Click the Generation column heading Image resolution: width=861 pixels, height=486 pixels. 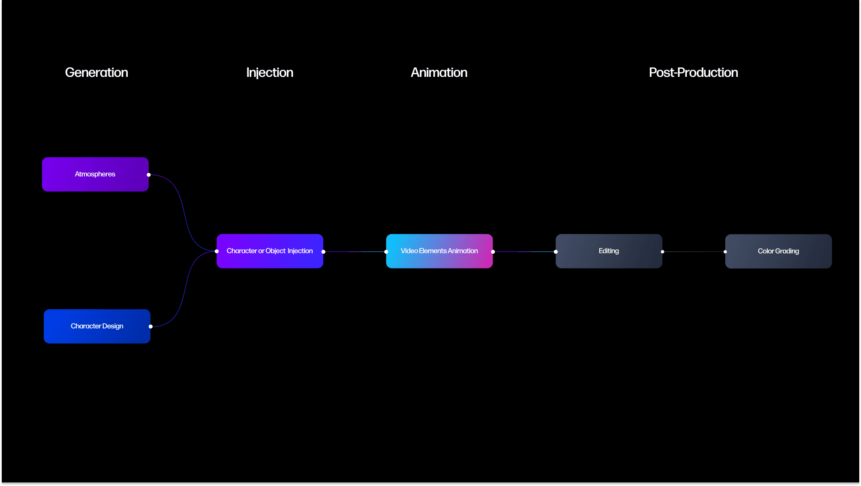click(x=96, y=72)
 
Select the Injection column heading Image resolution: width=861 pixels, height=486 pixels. click(x=270, y=72)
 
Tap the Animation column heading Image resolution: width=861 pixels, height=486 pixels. click(x=439, y=72)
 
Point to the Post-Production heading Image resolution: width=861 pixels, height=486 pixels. click(x=693, y=72)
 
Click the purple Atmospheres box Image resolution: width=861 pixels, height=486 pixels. click(x=95, y=174)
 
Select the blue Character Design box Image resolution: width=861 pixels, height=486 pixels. click(x=97, y=326)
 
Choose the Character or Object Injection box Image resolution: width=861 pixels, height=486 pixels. click(x=270, y=251)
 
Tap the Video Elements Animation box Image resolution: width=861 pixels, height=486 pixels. click(x=439, y=251)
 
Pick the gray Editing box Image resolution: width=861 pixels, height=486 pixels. click(x=609, y=251)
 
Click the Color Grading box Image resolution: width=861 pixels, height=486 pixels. click(x=778, y=251)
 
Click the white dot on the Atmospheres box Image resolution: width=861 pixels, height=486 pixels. click(x=149, y=175)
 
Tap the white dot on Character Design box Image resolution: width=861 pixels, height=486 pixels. click(x=150, y=327)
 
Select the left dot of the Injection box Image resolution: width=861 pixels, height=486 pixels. click(x=217, y=251)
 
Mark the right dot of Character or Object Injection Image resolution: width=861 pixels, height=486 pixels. click(x=323, y=252)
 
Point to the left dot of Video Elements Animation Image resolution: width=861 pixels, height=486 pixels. click(x=386, y=252)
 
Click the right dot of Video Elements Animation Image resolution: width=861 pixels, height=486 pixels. click(x=493, y=252)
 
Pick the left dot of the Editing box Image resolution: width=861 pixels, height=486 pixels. click(x=556, y=252)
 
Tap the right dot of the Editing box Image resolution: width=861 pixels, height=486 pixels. click(x=662, y=252)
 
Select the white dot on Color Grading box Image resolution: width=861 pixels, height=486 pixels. click(x=725, y=252)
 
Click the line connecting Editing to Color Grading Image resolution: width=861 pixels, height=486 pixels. click(x=694, y=252)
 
